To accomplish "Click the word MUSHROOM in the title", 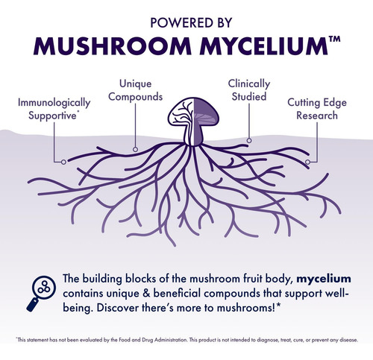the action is [113, 46].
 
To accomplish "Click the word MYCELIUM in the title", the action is [264, 46].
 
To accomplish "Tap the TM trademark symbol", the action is [334, 40].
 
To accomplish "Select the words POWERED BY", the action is [191, 22].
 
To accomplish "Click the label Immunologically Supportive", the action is [54, 109].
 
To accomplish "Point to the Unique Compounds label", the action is [136, 90].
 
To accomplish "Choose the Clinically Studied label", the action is [249, 90].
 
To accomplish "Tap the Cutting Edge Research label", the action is [317, 109].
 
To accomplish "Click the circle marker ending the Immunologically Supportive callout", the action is [63, 162].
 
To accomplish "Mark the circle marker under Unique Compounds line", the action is [135, 149].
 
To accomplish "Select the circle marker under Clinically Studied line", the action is [249, 141].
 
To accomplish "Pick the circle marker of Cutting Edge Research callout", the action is [307, 162].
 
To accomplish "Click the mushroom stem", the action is [193, 136].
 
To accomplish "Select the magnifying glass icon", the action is [41, 294].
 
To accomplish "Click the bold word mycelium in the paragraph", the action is [324, 280].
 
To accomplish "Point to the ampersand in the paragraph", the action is [146, 294].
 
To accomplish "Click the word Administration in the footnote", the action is [171, 340].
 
